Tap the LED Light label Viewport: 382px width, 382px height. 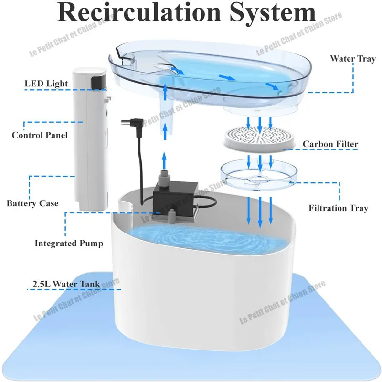click(46, 84)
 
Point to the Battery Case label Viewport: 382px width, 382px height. click(32, 203)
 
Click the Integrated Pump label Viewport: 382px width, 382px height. click(69, 244)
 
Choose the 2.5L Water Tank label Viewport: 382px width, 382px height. click(66, 284)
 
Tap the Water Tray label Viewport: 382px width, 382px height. click(353, 59)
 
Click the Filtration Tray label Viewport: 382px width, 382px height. click(339, 208)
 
